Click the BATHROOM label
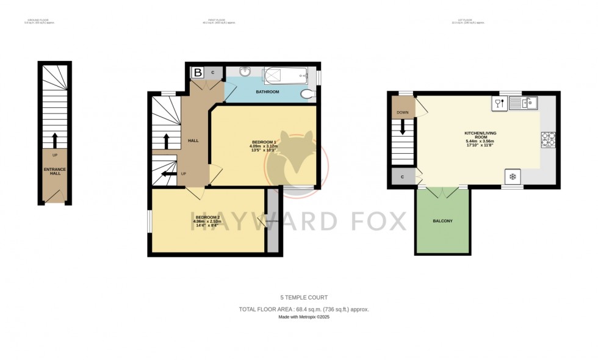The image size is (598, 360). point(267,92)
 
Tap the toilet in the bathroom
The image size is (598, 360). point(309,93)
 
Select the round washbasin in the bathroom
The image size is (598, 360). point(245,71)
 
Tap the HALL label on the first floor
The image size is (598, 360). point(193,141)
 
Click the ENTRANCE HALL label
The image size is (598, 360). point(56,171)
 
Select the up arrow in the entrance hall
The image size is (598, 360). point(55,140)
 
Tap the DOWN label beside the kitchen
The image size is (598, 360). point(403,112)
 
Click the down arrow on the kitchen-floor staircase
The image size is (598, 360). point(403,127)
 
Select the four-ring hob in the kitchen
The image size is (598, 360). point(547,140)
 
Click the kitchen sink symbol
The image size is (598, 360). point(524,103)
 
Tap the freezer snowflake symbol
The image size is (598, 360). point(513,177)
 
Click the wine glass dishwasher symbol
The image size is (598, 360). point(499,103)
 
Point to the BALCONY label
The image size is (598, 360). point(442,221)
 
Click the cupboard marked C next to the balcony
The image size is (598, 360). point(403,177)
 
